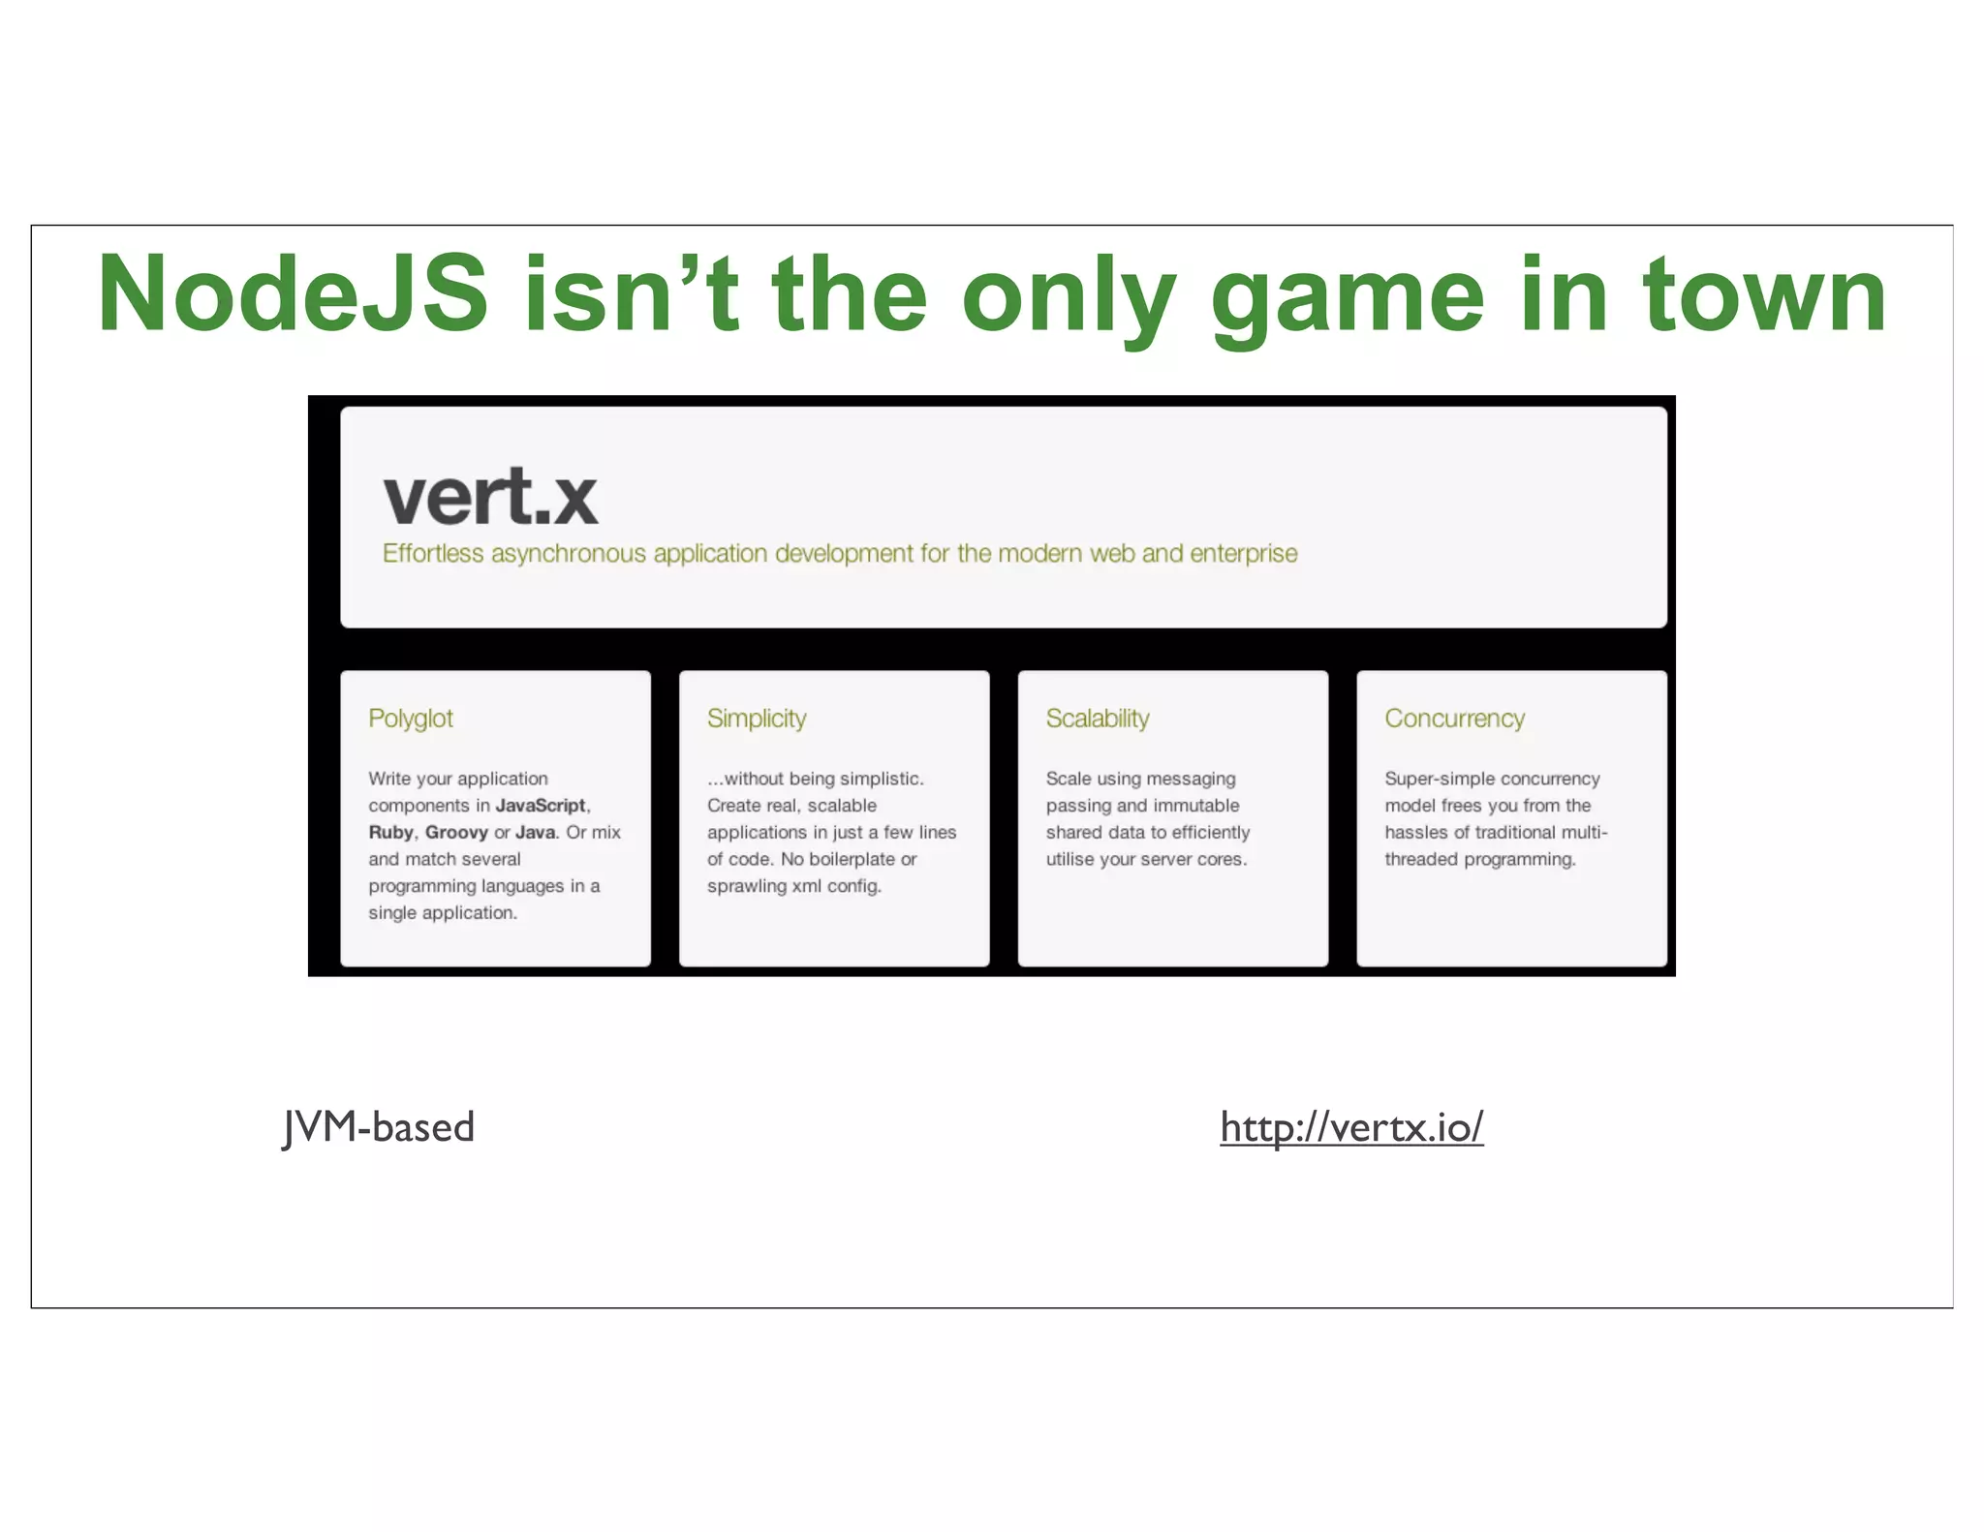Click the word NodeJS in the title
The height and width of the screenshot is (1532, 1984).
tap(293, 294)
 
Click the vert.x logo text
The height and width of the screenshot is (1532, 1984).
tap(490, 497)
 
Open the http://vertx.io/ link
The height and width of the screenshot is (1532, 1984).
tap(1351, 1127)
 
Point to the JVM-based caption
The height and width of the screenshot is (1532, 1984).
tap(379, 1127)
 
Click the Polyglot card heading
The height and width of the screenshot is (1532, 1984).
tap(411, 719)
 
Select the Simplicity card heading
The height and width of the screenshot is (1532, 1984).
tap(757, 719)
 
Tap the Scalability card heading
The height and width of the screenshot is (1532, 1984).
tap(1098, 719)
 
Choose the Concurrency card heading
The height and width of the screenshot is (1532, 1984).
tap(1454, 719)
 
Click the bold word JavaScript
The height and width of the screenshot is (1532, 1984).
tap(541, 806)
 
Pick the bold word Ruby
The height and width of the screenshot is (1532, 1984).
tap(390, 833)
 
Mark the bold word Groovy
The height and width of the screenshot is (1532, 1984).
tap(456, 833)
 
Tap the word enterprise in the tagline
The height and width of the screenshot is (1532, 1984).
tap(1243, 554)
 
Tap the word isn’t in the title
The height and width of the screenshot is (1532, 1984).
tap(631, 294)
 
